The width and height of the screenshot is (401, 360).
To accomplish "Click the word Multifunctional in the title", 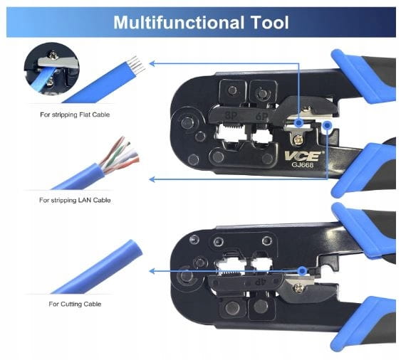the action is coord(179,23).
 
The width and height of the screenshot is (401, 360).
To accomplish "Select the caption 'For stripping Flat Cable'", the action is coord(75,115).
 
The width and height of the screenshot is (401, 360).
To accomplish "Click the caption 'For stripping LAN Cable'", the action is coord(75,200).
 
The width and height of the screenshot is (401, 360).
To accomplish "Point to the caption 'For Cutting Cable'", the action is coord(75,304).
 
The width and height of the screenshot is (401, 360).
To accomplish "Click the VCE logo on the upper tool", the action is coord(303,156).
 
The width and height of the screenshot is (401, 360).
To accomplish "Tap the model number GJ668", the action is coord(303,165).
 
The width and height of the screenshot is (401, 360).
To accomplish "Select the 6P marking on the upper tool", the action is coord(261,116).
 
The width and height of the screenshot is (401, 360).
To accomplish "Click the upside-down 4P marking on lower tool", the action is coord(259,282).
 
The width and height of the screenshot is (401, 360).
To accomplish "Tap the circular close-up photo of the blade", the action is coord(51,69).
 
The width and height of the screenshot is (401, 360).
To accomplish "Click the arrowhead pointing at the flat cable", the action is coord(152,63).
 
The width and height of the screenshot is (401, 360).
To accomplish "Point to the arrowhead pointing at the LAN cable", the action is coord(152,179).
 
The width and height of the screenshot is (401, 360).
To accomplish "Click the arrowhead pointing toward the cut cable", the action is coord(152,271).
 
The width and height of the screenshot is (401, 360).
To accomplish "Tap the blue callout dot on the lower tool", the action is coord(303,270).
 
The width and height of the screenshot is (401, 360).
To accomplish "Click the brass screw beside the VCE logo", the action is coord(298,139).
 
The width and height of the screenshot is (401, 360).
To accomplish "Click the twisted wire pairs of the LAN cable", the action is coord(120,155).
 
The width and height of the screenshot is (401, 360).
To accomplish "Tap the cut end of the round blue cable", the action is coord(135,248).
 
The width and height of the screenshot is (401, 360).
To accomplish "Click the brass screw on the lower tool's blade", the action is coord(298,288).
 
